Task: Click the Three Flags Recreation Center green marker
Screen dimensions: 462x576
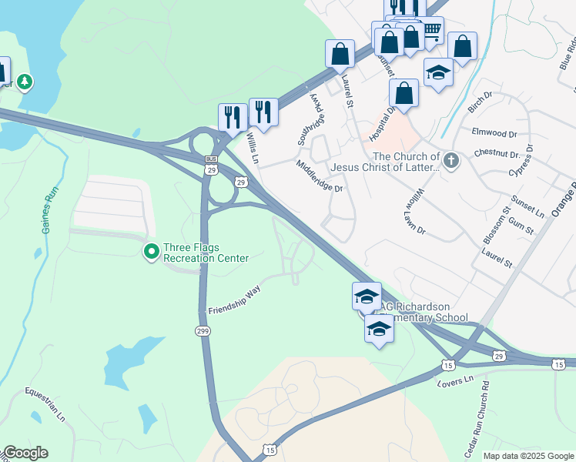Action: pyautogui.click(x=152, y=250)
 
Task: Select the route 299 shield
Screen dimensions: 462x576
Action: pyautogui.click(x=202, y=330)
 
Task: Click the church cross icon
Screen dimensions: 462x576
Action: pyautogui.click(x=451, y=161)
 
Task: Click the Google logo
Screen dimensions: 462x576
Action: pyautogui.click(x=25, y=453)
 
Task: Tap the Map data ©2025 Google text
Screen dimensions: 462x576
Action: pyautogui.click(x=527, y=456)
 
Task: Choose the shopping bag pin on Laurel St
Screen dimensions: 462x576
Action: pyautogui.click(x=340, y=54)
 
